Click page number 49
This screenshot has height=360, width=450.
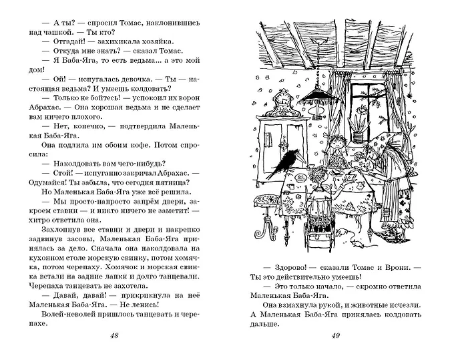pyautogui.click(x=336, y=335)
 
